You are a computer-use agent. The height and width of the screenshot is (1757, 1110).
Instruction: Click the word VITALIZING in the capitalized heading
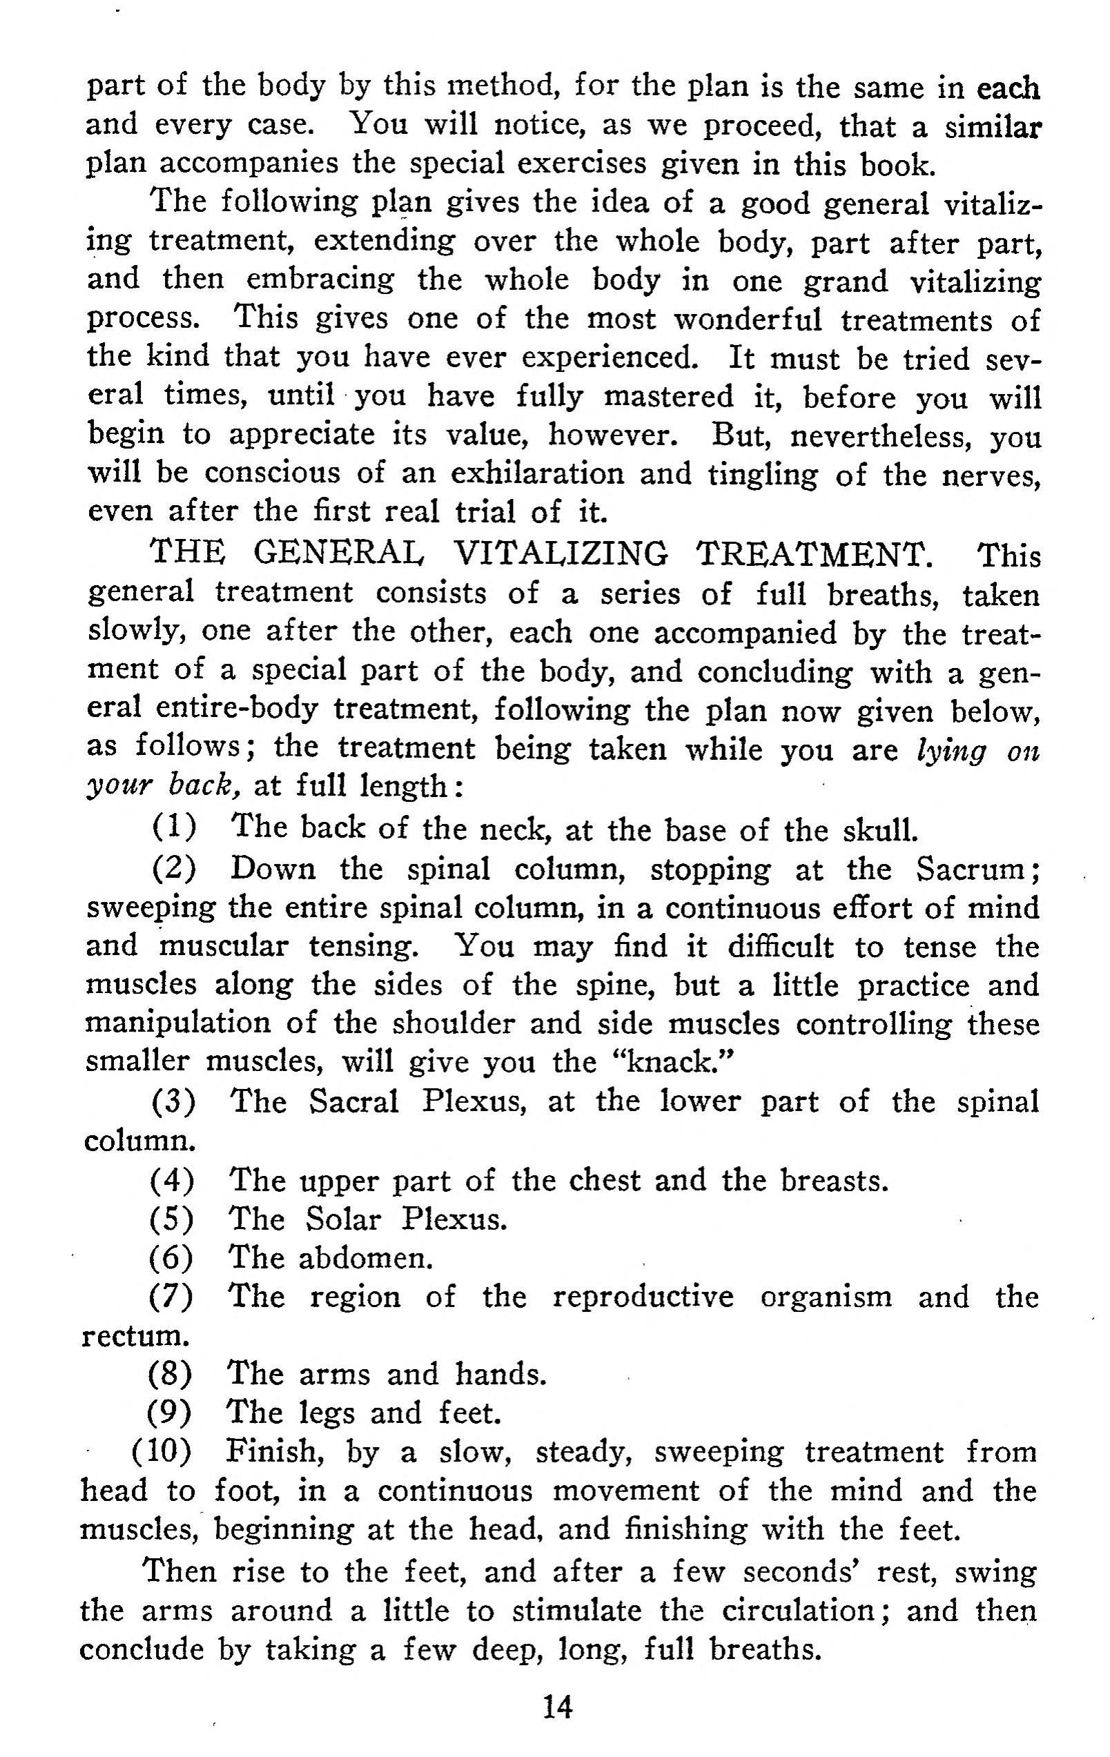pos(560,555)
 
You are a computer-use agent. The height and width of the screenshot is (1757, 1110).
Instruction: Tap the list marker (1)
pos(174,827)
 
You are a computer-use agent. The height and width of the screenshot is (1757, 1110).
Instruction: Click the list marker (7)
pos(171,1297)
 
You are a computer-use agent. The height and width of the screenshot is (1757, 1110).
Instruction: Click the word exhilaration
pos(537,473)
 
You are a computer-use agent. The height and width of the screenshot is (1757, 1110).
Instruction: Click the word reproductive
pos(642,1297)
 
